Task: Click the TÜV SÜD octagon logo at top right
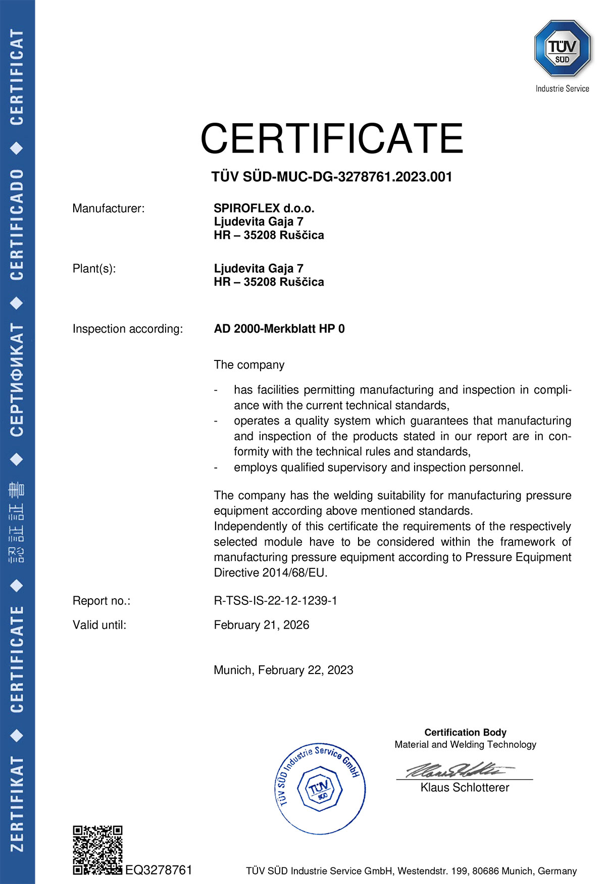pyautogui.click(x=562, y=48)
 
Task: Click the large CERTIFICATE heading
pyautogui.click(x=332, y=138)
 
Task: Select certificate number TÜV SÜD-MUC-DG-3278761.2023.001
pyautogui.click(x=331, y=177)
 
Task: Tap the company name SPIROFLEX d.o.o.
pyautogui.click(x=264, y=208)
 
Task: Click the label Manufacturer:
pyautogui.click(x=108, y=209)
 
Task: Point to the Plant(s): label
pyautogui.click(x=94, y=269)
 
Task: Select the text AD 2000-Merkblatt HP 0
pyautogui.click(x=279, y=329)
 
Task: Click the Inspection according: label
pyautogui.click(x=127, y=329)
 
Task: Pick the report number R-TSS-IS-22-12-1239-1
pyautogui.click(x=275, y=601)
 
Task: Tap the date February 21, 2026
pyautogui.click(x=261, y=625)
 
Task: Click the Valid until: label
pyautogui.click(x=99, y=625)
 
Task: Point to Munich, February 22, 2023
pyautogui.click(x=283, y=670)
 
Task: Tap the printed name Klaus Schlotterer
pyautogui.click(x=465, y=788)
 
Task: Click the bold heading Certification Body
pyautogui.click(x=465, y=732)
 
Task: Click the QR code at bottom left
pyautogui.click(x=97, y=850)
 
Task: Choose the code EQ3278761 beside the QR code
pyautogui.click(x=159, y=870)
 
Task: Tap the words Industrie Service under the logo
pyautogui.click(x=562, y=89)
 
